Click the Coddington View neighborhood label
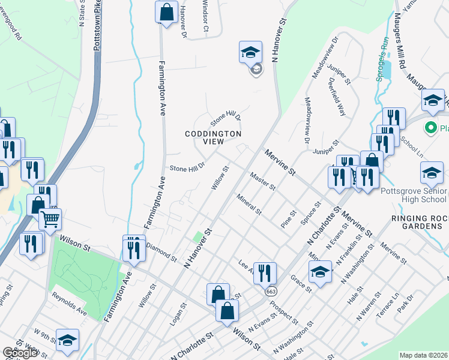click(x=213, y=137)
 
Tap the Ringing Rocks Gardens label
click(x=417, y=222)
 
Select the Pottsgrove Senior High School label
click(x=414, y=196)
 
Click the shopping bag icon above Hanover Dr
click(x=166, y=13)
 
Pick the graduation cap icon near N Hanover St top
click(x=250, y=53)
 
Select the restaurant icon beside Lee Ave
click(x=264, y=274)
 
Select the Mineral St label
click(x=249, y=204)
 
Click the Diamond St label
click(x=161, y=253)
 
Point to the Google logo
click(x=20, y=353)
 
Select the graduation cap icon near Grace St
click(x=321, y=272)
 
